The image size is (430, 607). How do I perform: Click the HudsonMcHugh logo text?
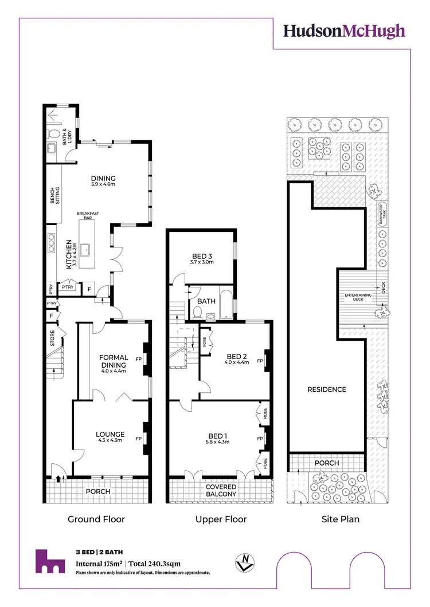pyautogui.click(x=344, y=31)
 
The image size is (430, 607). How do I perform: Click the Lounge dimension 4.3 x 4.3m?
pyautogui.click(x=111, y=442)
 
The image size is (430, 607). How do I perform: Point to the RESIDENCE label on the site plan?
pyautogui.click(x=327, y=389)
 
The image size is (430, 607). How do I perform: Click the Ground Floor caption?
pyautogui.click(x=96, y=519)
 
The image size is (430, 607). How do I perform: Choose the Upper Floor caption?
pyautogui.click(x=221, y=519)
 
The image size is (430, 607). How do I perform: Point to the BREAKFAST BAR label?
pyautogui.click(x=88, y=216)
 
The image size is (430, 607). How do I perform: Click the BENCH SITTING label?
pyautogui.click(x=55, y=197)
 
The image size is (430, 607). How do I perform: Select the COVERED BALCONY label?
pyautogui.click(x=221, y=491)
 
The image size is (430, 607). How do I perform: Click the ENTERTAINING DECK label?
pyautogui.click(x=358, y=297)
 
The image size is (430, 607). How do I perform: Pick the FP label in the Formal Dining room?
pyautogui.click(x=139, y=360)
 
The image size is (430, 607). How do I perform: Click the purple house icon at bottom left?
pyautogui.click(x=50, y=561)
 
